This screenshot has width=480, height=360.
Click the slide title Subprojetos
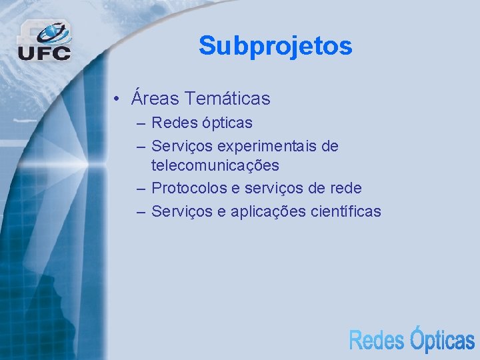pyautogui.click(x=275, y=46)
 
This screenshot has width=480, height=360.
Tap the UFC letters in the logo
pyautogui.click(x=44, y=53)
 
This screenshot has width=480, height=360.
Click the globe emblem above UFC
pyautogui.click(x=53, y=32)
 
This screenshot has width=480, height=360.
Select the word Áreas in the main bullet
pyautogui.click(x=155, y=98)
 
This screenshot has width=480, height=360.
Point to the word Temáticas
pyautogui.click(x=228, y=99)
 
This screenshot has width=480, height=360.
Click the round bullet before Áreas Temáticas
pyautogui.click(x=116, y=99)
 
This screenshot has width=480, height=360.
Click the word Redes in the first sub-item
pyautogui.click(x=174, y=123)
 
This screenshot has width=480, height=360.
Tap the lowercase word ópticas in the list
pyautogui.click(x=227, y=123)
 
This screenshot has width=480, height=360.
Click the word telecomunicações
pyautogui.click(x=215, y=165)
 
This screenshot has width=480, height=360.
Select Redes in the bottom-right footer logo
pyautogui.click(x=377, y=339)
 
